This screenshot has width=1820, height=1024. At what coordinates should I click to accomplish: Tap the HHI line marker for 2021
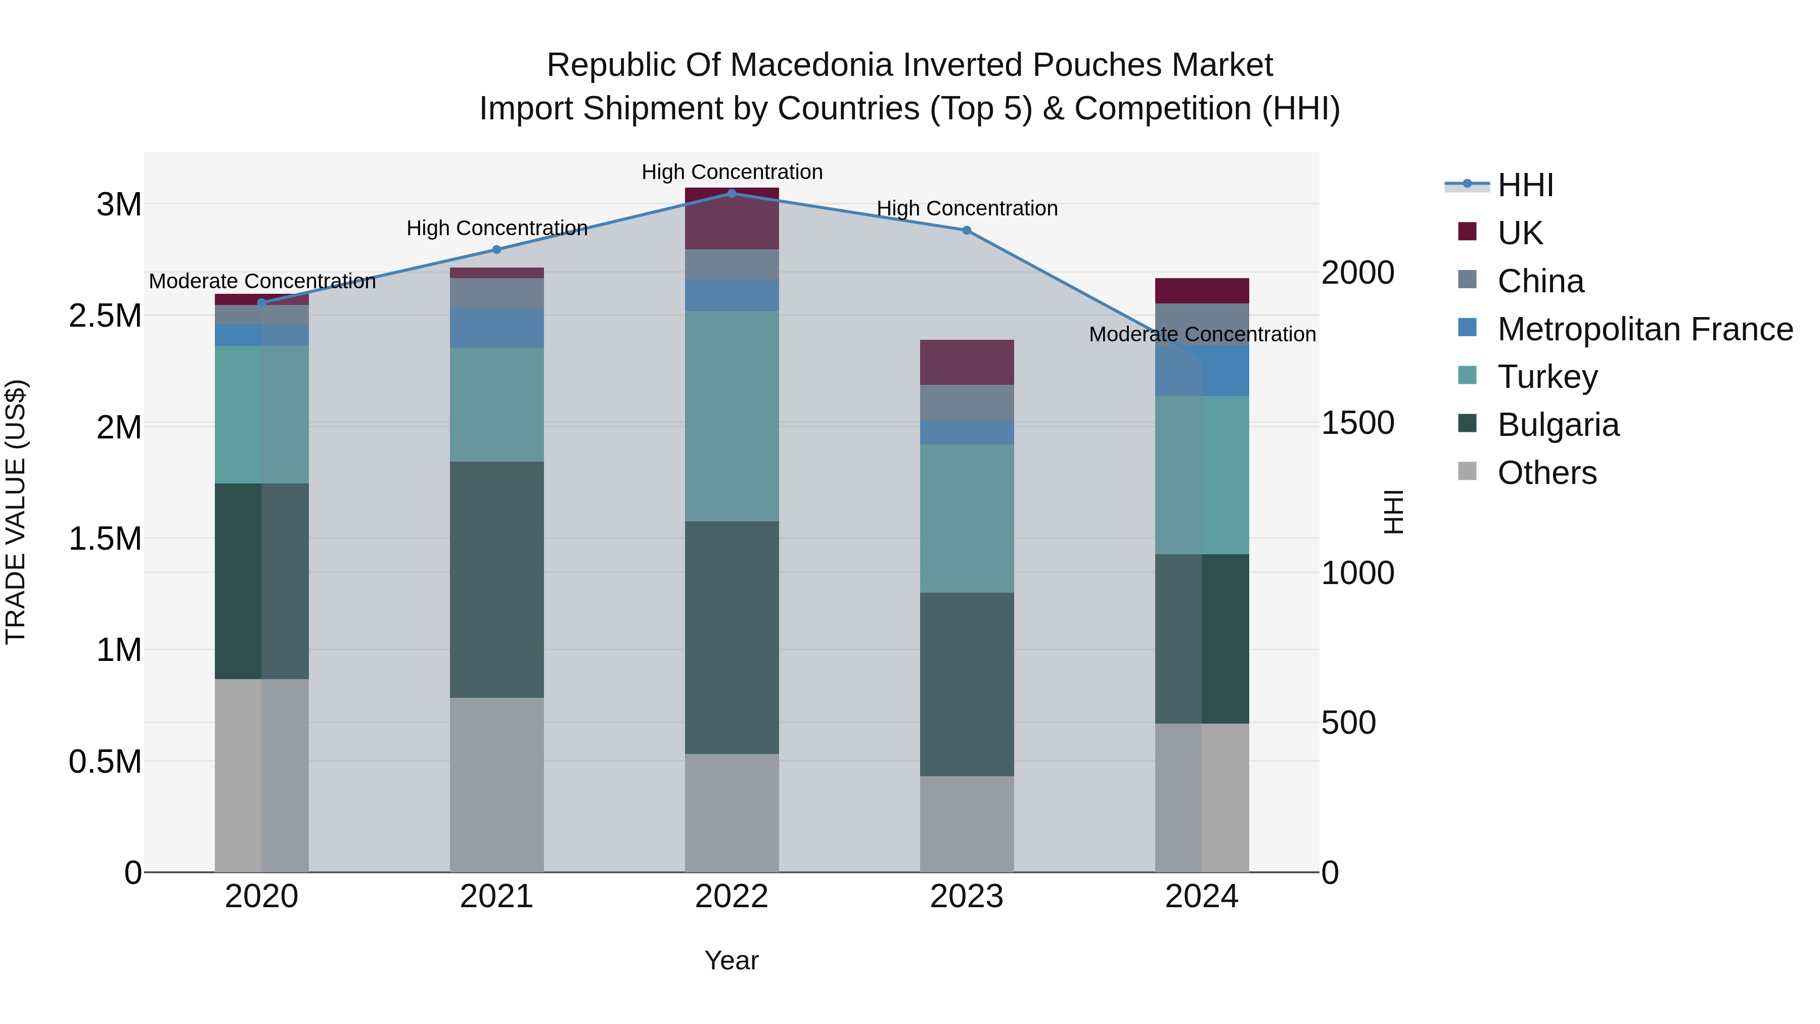[496, 249]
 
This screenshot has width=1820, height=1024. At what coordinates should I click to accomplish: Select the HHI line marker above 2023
[967, 231]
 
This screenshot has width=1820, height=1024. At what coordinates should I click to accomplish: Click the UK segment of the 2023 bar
[967, 363]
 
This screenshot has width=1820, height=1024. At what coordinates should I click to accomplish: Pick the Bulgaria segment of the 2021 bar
[496, 580]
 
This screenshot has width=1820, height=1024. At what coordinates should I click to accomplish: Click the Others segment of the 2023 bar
[967, 824]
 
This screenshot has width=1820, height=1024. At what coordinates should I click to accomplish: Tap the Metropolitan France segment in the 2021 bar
[496, 328]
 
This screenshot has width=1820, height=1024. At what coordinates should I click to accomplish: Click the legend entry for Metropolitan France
[1644, 329]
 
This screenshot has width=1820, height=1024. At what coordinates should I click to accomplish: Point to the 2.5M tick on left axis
[105, 316]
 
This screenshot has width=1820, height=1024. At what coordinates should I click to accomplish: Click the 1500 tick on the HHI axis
[1357, 423]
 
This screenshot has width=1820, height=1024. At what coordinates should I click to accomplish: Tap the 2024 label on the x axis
[1201, 897]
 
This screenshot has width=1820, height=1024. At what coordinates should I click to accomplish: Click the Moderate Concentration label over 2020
[262, 281]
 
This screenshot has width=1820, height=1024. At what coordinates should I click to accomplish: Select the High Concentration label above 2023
[967, 208]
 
